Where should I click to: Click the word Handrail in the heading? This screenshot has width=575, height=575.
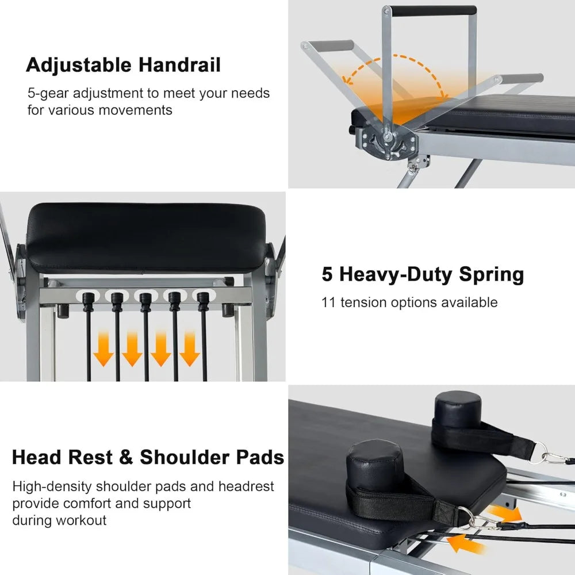point(179,65)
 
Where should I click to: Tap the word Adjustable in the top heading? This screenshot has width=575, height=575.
point(78,66)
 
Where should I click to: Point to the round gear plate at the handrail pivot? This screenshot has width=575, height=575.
point(388,142)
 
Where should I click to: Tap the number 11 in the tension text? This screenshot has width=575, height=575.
point(328,302)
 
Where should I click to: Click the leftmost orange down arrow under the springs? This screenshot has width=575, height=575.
point(103,349)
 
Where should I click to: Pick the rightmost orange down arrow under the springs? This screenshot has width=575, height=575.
point(190,349)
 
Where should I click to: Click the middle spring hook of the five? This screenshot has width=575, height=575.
point(145,302)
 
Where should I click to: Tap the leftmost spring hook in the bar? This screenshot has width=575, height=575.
point(88,302)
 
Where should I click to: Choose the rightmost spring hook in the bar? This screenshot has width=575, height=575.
point(203,302)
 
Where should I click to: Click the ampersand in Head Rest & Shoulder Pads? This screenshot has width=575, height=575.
point(126,458)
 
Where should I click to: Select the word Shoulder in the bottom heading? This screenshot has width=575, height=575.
point(185,457)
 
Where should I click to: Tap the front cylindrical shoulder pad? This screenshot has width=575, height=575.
point(375,466)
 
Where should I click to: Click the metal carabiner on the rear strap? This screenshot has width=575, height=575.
point(554,458)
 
